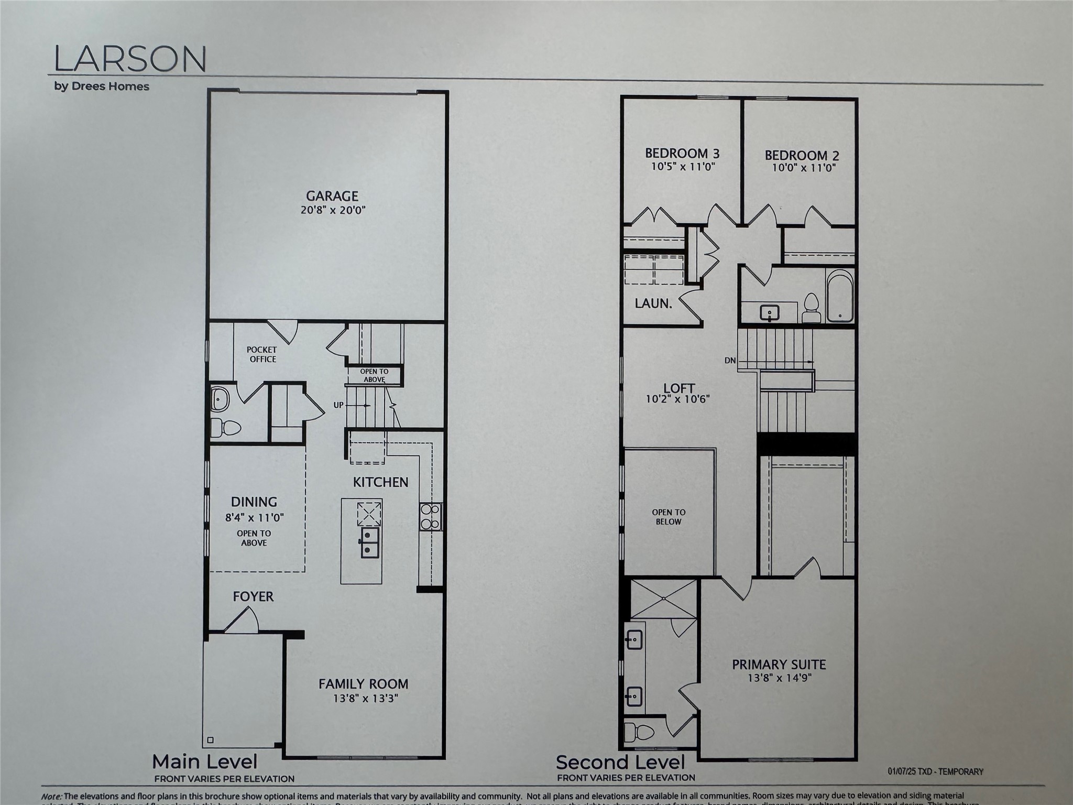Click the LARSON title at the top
click(130, 59)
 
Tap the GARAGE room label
click(332, 196)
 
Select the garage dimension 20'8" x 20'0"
click(332, 210)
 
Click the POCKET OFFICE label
click(262, 354)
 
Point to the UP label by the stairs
click(339, 405)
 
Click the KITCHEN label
click(380, 482)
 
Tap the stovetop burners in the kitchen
click(431, 516)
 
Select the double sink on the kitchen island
click(369, 542)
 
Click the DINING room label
click(254, 502)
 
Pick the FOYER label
click(253, 596)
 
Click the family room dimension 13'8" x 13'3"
click(363, 699)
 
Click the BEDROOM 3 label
click(682, 154)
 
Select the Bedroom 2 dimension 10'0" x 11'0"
click(803, 168)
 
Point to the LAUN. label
click(653, 303)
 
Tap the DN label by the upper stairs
click(730, 361)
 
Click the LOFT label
click(679, 388)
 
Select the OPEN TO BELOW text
click(669, 517)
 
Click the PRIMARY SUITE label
click(779, 665)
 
